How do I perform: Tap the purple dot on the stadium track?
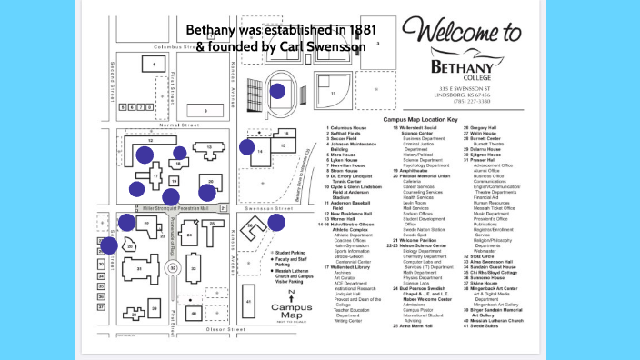point(277,90)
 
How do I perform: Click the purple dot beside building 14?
point(246,146)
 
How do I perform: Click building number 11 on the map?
point(334,93)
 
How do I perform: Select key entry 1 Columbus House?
point(347,128)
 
